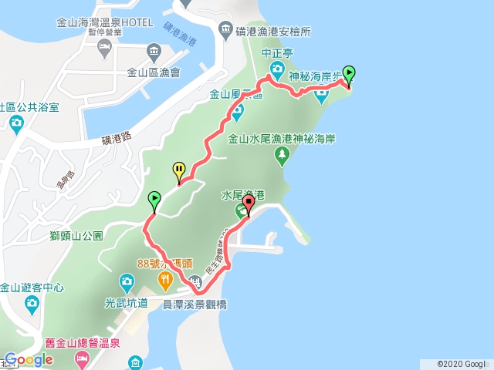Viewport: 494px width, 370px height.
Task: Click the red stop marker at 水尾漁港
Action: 248,204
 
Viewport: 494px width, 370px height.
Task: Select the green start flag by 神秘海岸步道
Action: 349,74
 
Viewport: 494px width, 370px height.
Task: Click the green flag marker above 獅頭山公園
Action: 154,200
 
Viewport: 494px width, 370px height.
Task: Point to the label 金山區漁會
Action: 153,73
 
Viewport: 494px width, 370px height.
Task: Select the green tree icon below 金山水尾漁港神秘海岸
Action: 282,156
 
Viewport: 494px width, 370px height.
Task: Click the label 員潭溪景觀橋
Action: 195,304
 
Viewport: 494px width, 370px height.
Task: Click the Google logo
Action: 28,359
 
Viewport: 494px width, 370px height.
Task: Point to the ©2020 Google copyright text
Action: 462,364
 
